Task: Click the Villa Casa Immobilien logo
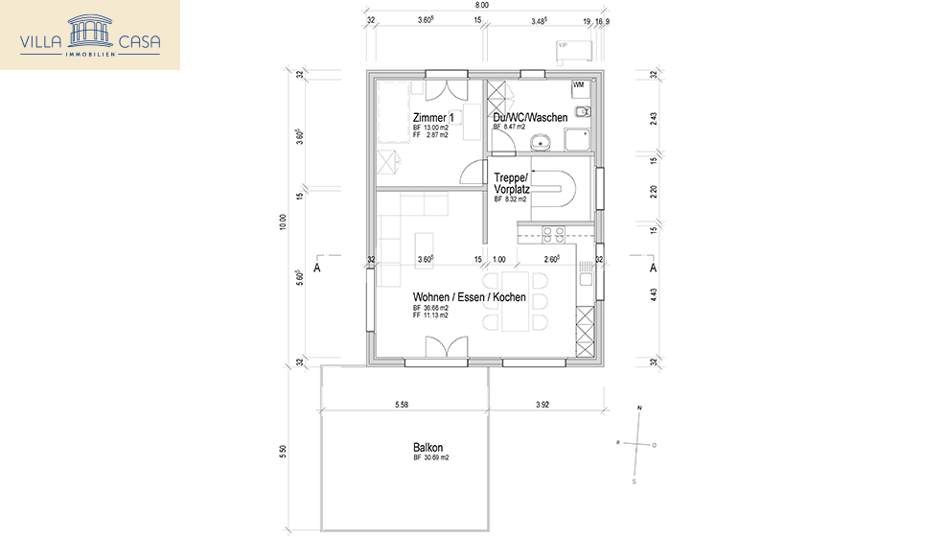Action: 90,35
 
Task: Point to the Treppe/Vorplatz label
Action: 512,183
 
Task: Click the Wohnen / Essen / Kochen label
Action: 469,297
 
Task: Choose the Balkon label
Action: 427,448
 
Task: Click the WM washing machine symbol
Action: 578,85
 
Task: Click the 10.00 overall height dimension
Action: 283,222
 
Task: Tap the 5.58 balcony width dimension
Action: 402,405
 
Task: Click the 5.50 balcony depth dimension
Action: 283,452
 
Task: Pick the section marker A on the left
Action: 315,269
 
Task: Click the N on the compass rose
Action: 639,409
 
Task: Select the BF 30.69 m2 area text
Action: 431,458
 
